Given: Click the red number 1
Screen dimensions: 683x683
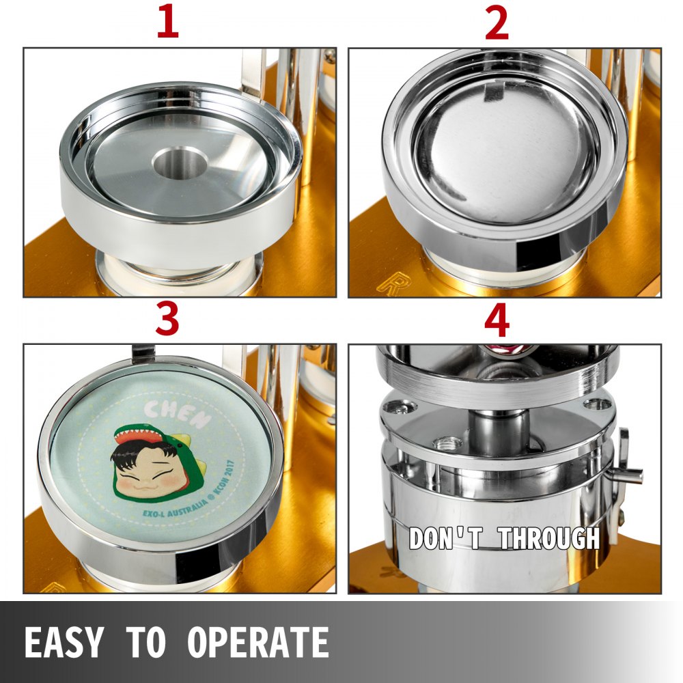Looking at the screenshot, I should point(168,23).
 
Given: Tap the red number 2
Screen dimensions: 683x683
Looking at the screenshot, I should point(497,23).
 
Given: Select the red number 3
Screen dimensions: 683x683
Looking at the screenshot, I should point(168,320).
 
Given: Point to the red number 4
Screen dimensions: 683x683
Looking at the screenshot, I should point(497,320).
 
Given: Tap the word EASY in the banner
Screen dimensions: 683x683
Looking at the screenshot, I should point(64,642).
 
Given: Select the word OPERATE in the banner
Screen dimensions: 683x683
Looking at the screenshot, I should point(259,642).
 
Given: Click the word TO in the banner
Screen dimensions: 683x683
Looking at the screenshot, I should point(145,642).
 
